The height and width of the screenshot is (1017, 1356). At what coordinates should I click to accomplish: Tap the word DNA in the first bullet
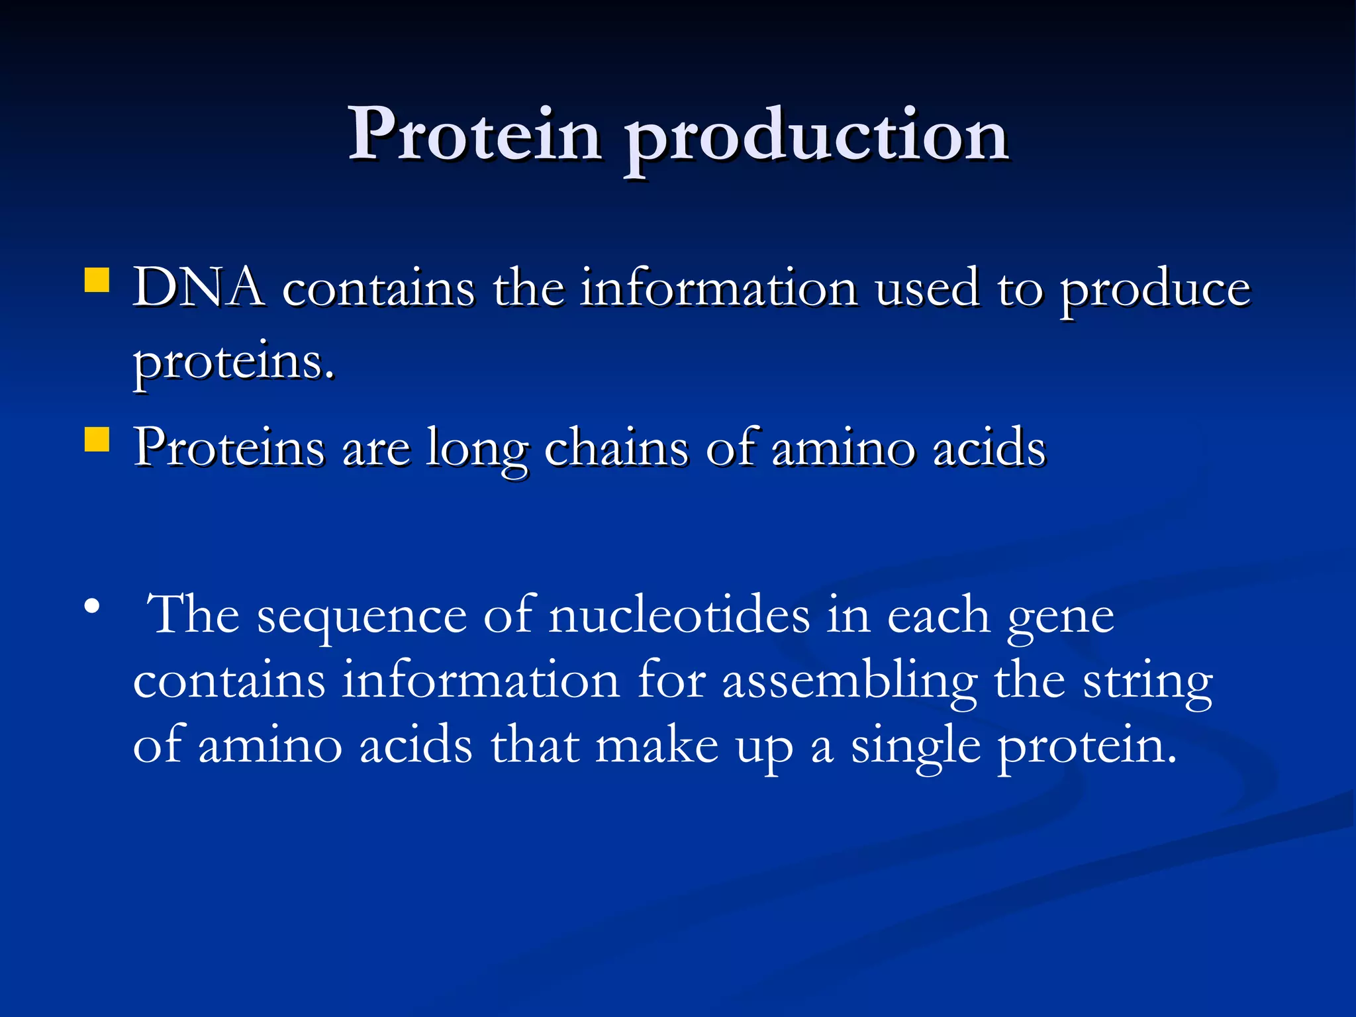(198, 288)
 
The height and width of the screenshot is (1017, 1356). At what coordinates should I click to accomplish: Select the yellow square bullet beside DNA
(97, 280)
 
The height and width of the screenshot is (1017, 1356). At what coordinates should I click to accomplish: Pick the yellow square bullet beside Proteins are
(97, 439)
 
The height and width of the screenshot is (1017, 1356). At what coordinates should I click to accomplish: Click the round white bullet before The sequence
(92, 606)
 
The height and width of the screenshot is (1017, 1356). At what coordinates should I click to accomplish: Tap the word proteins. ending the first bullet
(234, 363)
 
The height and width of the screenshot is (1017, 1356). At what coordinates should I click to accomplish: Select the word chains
(616, 448)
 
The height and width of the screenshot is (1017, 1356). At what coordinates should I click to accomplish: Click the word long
(477, 450)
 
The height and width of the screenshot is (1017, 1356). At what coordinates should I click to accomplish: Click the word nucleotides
(679, 615)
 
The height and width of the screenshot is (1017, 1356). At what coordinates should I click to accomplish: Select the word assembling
(849, 682)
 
